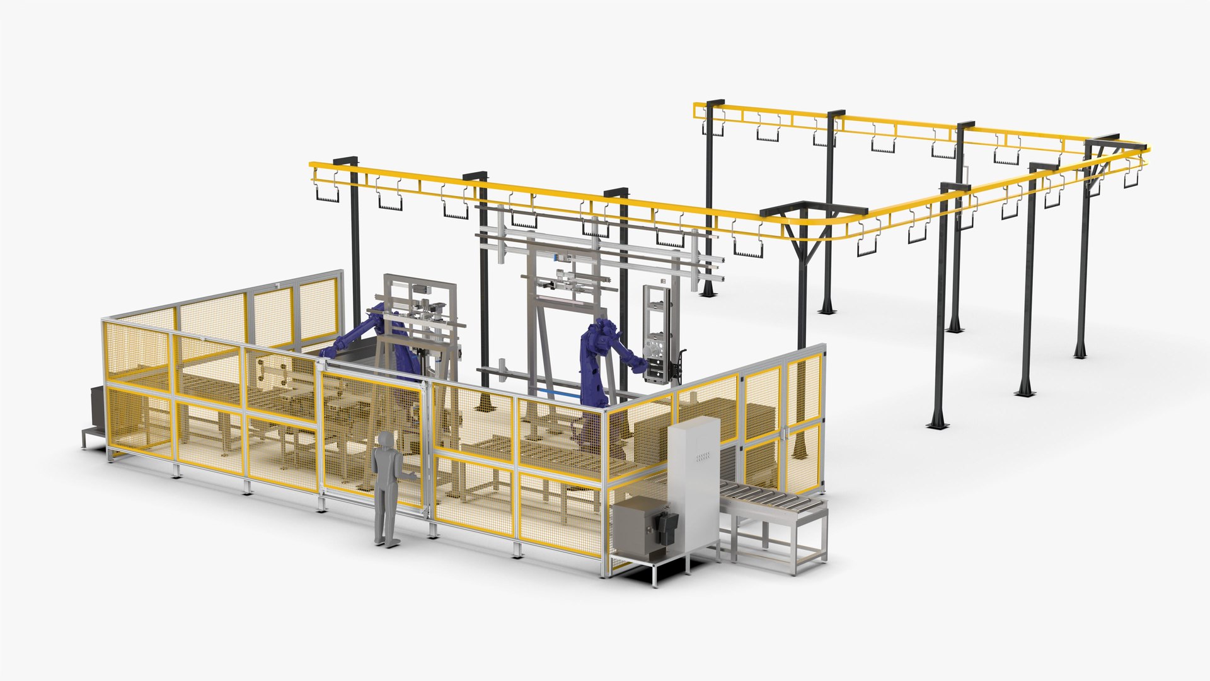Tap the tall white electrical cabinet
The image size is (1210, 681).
click(693, 479)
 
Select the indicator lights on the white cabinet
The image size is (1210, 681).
click(703, 455)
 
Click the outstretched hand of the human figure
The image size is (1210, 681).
click(413, 474)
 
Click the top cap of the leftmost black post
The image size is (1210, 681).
click(345, 160)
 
